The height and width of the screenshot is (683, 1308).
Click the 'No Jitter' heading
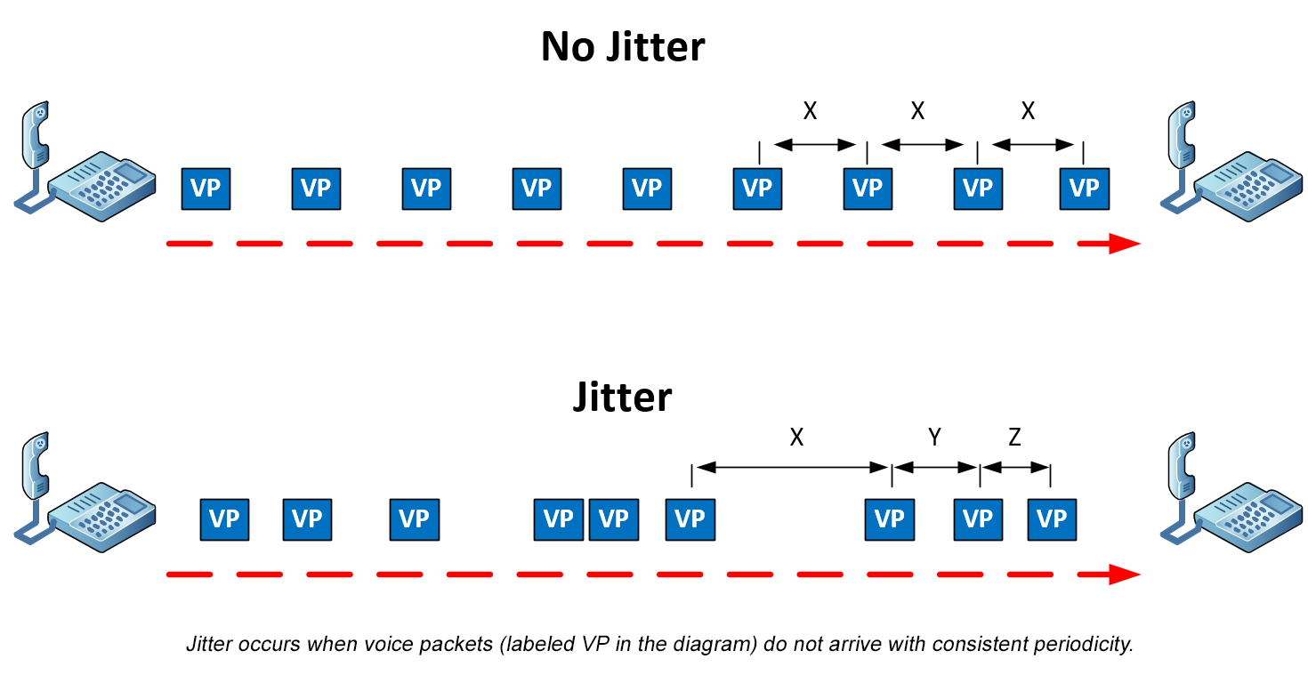622,46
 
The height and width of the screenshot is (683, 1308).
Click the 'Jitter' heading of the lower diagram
622,397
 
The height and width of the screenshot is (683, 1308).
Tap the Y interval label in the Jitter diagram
934,437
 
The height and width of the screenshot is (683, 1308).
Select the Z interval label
1015,437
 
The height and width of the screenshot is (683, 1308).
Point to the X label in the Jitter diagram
796,437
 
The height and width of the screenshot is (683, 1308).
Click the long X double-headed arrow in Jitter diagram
792,467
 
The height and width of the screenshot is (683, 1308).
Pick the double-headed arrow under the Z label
1015,467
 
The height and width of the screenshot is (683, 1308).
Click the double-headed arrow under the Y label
935,467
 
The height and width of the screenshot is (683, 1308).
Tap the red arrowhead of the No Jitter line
1124,244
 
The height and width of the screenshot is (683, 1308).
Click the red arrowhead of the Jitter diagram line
1124,575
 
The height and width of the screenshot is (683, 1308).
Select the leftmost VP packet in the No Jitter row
206,189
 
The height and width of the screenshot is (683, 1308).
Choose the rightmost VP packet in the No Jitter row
1085,189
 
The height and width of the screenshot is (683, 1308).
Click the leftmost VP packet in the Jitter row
224,519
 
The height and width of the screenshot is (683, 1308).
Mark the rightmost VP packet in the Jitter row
1052,519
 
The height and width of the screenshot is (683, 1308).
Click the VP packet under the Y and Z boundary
979,519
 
